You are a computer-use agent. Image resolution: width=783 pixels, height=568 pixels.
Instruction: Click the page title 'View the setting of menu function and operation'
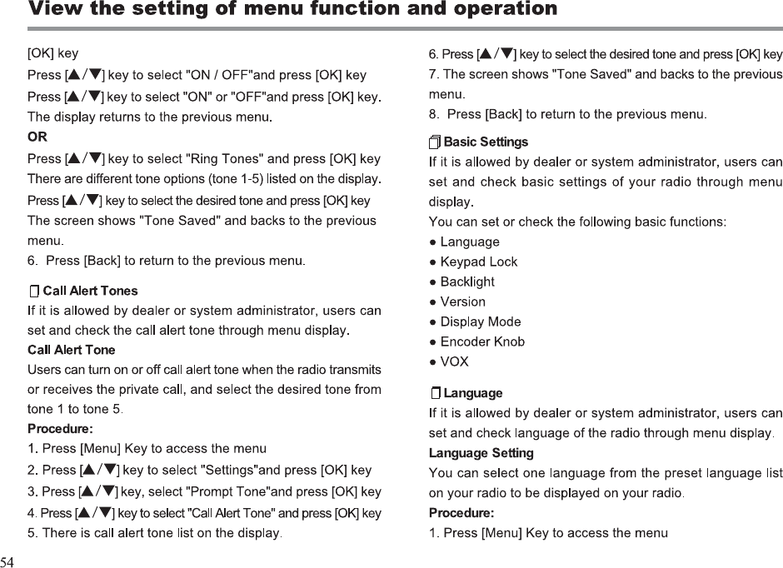pos(292,10)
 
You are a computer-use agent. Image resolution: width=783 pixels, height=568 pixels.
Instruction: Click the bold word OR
pos(37,137)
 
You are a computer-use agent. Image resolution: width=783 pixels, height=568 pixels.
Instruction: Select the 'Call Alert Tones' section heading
pos(90,291)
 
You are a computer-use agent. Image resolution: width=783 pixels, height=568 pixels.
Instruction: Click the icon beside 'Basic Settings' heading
pos(435,142)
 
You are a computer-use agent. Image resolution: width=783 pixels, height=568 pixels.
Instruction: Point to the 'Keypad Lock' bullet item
pos(478,262)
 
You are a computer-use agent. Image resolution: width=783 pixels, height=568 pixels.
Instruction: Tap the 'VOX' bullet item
pos(454,361)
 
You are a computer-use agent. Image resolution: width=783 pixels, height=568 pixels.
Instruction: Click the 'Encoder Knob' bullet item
pos(482,341)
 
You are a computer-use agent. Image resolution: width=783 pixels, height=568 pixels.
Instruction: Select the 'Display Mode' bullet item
pos(480,321)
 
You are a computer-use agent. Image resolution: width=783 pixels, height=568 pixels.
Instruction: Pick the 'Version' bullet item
pos(462,301)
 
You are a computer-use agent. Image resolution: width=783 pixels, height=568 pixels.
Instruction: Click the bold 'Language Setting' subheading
pos(481,453)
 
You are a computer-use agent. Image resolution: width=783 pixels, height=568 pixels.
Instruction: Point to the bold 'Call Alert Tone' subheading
pos(72,350)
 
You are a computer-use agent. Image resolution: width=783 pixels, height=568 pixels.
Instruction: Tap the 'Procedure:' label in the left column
pos(60,430)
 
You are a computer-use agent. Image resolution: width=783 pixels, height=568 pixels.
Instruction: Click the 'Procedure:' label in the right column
pos(461,512)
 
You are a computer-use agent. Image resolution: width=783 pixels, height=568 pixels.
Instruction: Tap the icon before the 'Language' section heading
pos(436,393)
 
